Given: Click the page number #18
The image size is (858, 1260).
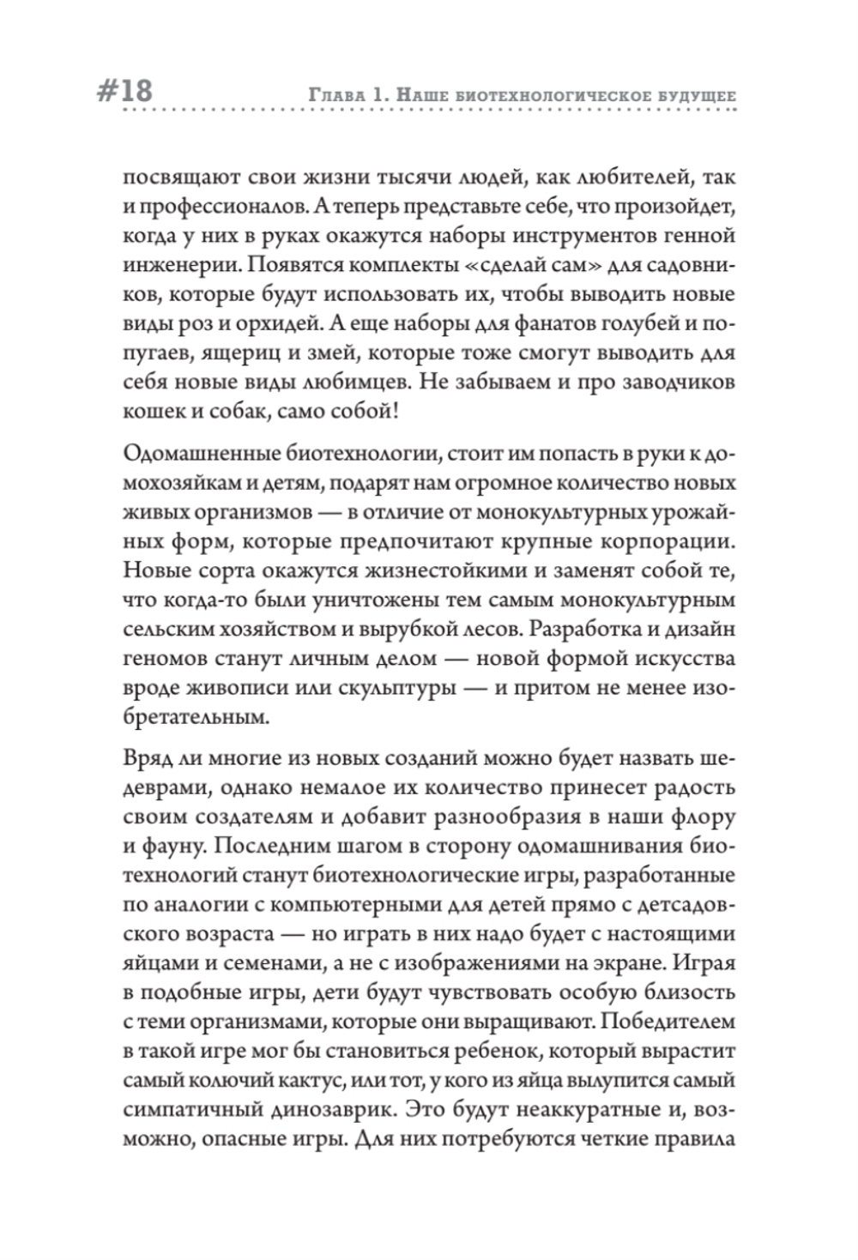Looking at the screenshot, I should (120, 90).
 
